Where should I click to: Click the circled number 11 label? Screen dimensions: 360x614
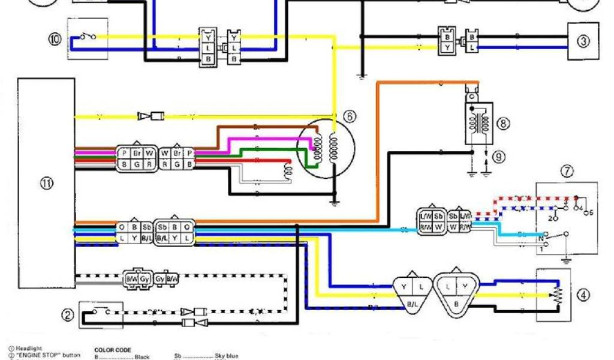click(46, 184)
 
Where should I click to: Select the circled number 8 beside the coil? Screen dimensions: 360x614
click(502, 123)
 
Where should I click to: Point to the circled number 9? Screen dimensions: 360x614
click(498, 157)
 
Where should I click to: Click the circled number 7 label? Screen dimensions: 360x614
click(567, 170)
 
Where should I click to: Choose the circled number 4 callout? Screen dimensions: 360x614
click(583, 295)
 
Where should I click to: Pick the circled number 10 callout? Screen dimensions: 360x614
click(55, 40)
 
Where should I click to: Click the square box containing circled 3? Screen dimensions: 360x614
click(583, 41)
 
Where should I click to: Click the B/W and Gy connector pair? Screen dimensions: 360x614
click(151, 279)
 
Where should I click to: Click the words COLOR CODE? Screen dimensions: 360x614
click(113, 350)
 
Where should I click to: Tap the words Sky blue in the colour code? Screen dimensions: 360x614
click(226, 356)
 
